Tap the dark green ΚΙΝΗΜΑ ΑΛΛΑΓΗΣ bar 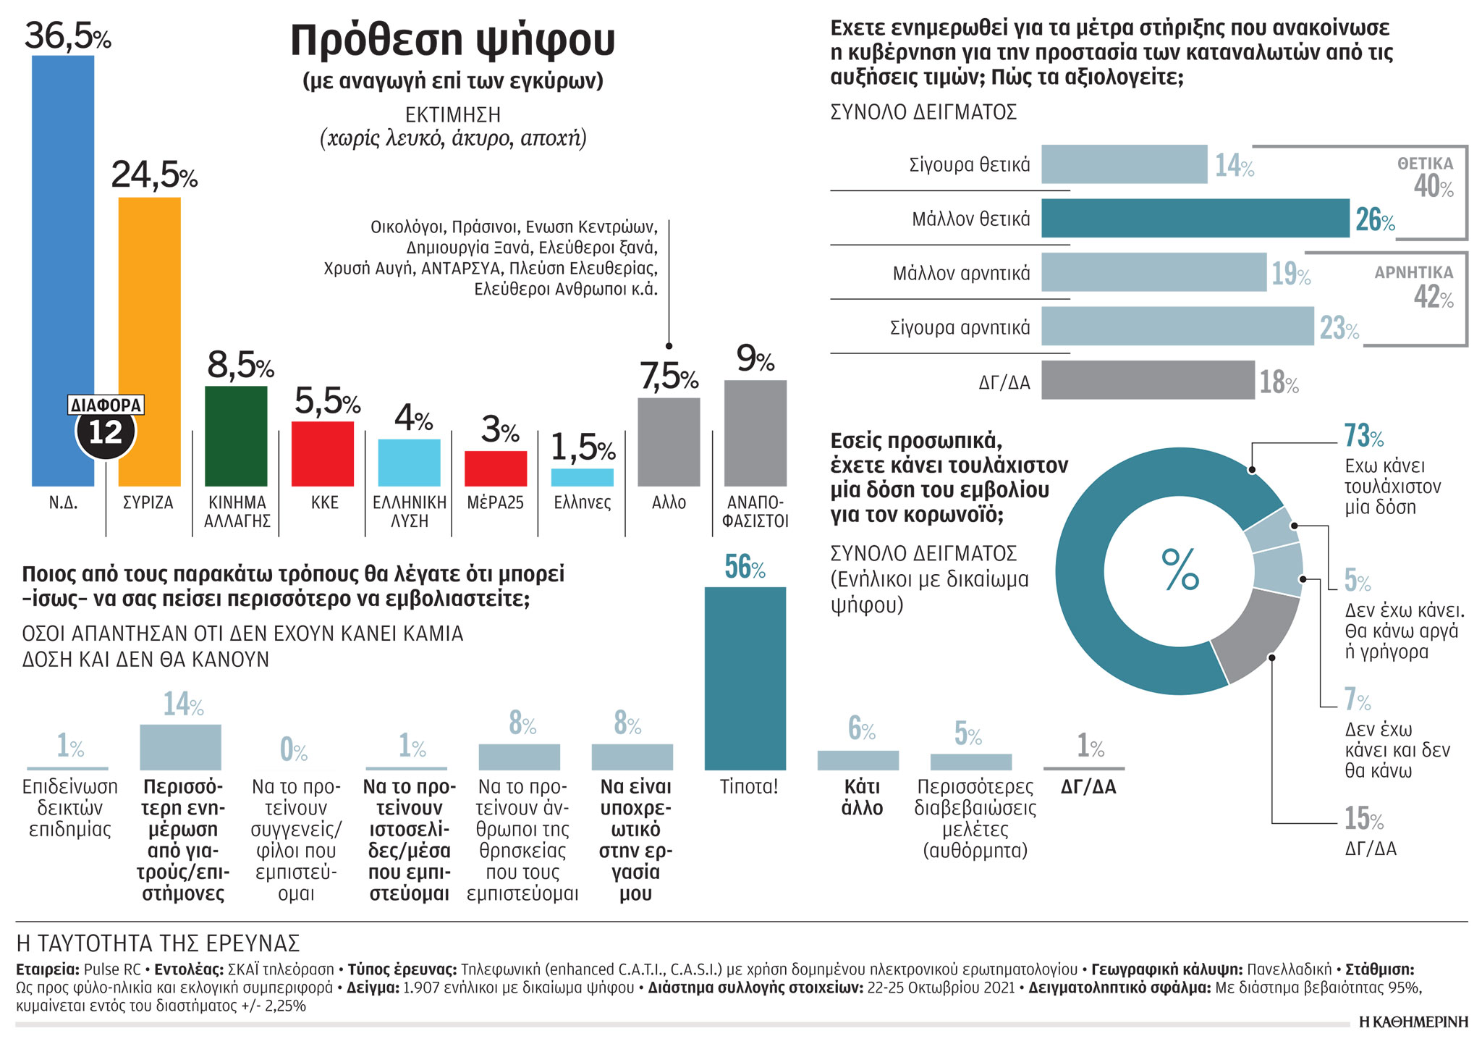pos(236,436)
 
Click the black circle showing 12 pos(106,433)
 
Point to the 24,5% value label pos(153,174)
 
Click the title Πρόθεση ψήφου pos(452,40)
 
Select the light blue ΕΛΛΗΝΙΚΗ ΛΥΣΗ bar pos(409,462)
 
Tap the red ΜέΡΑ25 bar pos(496,468)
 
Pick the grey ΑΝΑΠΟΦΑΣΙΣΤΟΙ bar pos(755,433)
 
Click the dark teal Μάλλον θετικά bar pos(1195,218)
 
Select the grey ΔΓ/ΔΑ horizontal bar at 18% pos(1148,380)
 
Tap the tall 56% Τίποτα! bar pos(745,678)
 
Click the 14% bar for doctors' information pos(180,746)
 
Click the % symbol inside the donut pos(1180,570)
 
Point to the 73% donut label pos(1363,436)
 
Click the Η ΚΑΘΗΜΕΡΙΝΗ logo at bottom pos(1413,1022)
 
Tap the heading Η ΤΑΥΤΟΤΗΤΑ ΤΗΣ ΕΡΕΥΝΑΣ pos(158,943)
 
